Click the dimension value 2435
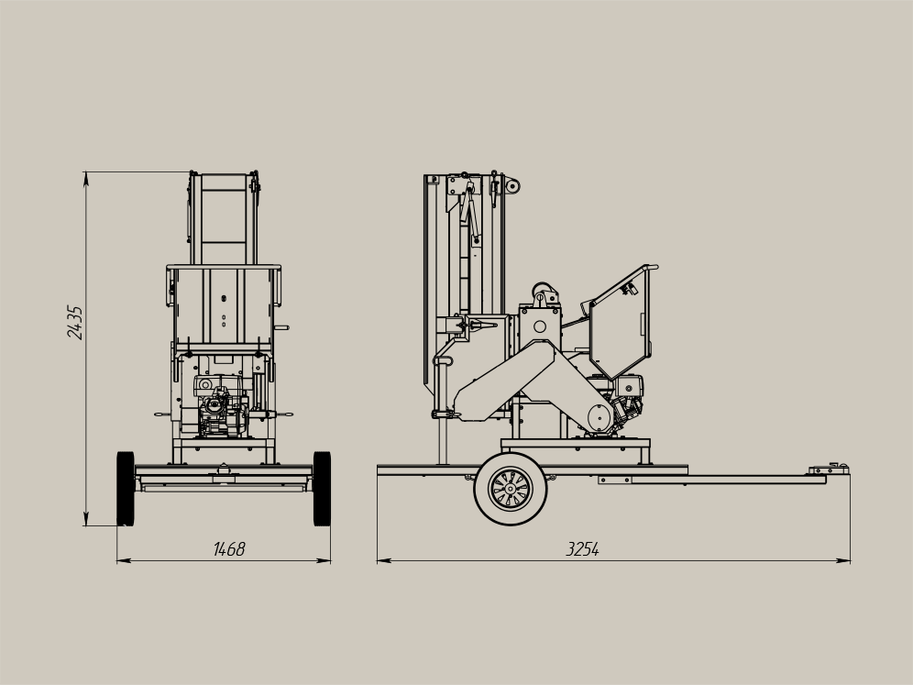pyautogui.click(x=75, y=322)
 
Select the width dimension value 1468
pyautogui.click(x=229, y=548)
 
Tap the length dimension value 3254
pyautogui.click(x=582, y=548)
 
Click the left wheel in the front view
pyautogui.click(x=126, y=488)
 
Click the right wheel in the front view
pyautogui.click(x=322, y=488)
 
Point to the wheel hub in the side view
pyautogui.click(x=510, y=489)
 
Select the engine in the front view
pyautogui.click(x=221, y=406)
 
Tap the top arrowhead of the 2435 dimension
pyautogui.click(x=86, y=178)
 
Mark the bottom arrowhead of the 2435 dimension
pyautogui.click(x=86, y=520)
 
